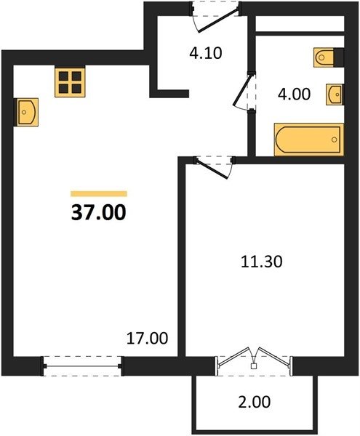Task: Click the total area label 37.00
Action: click(x=99, y=212)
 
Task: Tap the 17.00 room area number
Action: click(x=147, y=338)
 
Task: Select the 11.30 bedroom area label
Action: click(x=262, y=262)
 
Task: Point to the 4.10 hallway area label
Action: click(x=206, y=53)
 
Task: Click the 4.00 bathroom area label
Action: click(x=294, y=94)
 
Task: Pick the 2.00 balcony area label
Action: click(x=254, y=402)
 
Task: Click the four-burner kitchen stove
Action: click(x=70, y=82)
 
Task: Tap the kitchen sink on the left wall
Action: click(x=28, y=112)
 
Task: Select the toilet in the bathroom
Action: click(x=324, y=57)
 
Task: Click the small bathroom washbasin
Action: click(x=335, y=94)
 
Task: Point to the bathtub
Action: click(x=309, y=140)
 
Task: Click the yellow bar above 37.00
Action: click(x=99, y=193)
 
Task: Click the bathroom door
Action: click(x=244, y=91)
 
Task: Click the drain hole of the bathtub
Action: click(x=335, y=140)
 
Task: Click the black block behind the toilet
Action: click(x=339, y=57)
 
